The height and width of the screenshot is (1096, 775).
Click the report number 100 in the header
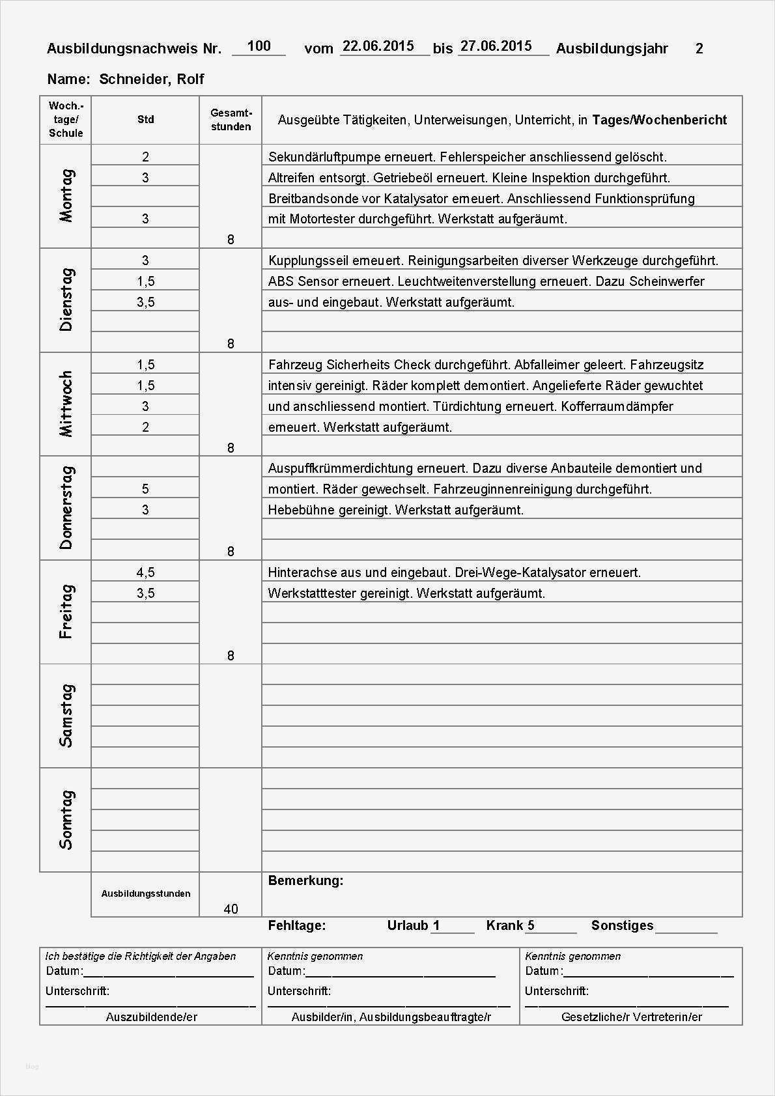tap(259, 46)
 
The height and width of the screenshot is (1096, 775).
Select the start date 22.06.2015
tap(378, 46)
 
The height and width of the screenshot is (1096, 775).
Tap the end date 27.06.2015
tap(496, 46)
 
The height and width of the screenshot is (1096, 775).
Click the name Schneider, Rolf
tap(152, 79)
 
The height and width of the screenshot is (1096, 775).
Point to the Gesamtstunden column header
tap(231, 120)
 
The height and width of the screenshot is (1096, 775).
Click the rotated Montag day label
tap(66, 196)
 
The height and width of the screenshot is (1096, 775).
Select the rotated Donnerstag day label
tap(66, 508)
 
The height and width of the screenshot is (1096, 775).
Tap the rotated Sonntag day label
tap(66, 820)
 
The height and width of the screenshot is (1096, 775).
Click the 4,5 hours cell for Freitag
tap(145, 572)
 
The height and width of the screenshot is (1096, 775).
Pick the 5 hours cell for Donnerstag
tap(145, 489)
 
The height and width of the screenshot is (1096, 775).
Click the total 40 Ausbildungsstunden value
tap(231, 909)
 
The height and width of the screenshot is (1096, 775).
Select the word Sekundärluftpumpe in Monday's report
tap(320, 157)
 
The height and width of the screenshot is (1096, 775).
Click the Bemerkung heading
tap(305, 880)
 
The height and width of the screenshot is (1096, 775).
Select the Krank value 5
tap(531, 925)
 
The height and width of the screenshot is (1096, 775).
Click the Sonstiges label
tap(622, 925)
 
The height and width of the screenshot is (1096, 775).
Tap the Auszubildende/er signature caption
tap(151, 1017)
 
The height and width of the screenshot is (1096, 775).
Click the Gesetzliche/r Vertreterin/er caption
tap(631, 1017)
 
